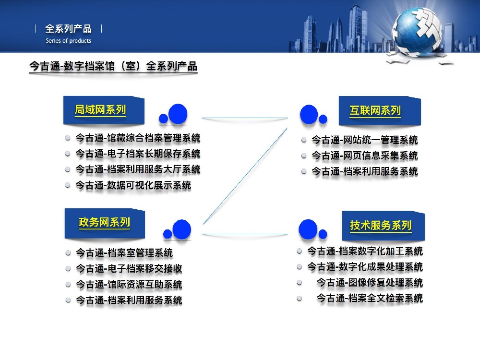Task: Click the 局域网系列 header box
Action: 100,110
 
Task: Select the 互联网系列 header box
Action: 376,111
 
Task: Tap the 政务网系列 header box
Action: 104,223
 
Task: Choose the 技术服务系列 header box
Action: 381,226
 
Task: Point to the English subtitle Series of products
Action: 68,41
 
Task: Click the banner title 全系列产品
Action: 68,29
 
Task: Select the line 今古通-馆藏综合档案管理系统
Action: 138,138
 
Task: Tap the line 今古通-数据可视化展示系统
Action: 133,185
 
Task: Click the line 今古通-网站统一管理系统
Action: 364,140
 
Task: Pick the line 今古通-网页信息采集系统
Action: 364,156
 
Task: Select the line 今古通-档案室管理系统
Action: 124,252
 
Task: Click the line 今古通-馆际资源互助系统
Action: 129,284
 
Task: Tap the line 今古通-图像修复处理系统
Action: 370,282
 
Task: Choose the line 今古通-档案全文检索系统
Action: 370,298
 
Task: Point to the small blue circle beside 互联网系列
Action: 323,119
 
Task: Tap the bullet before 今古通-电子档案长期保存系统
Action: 68,154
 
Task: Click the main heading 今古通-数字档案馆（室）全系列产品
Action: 113,66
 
